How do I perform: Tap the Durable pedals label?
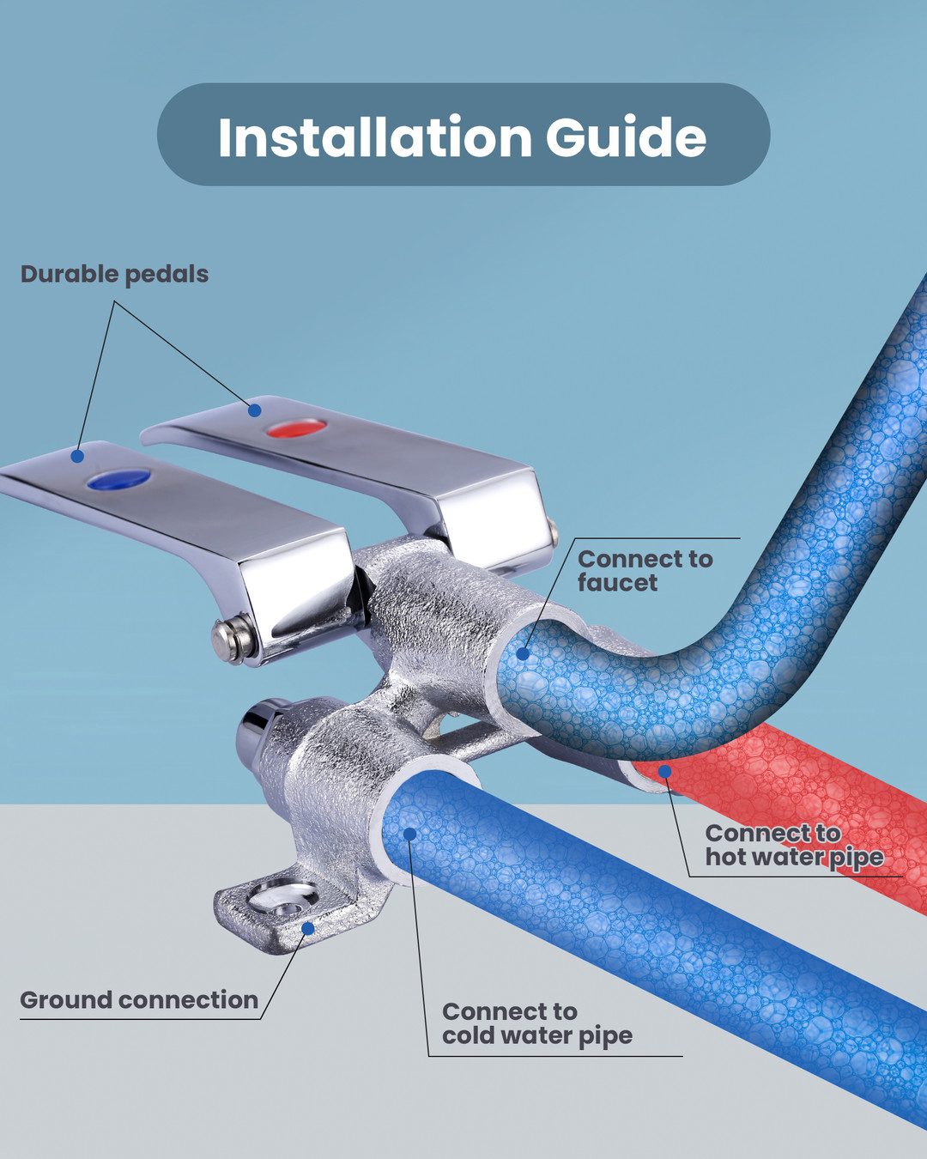pyautogui.click(x=114, y=274)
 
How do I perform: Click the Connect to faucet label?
pyautogui.click(x=645, y=570)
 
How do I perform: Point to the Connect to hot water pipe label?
pyautogui.click(x=795, y=845)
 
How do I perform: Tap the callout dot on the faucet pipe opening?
pyautogui.click(x=523, y=654)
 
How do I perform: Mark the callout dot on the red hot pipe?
pyautogui.click(x=664, y=771)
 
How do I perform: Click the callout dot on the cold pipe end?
pyautogui.click(x=410, y=834)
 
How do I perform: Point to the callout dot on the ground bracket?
pyautogui.click(x=307, y=928)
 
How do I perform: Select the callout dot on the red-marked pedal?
pyautogui.click(x=254, y=410)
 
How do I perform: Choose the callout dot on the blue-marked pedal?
pyautogui.click(x=77, y=456)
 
